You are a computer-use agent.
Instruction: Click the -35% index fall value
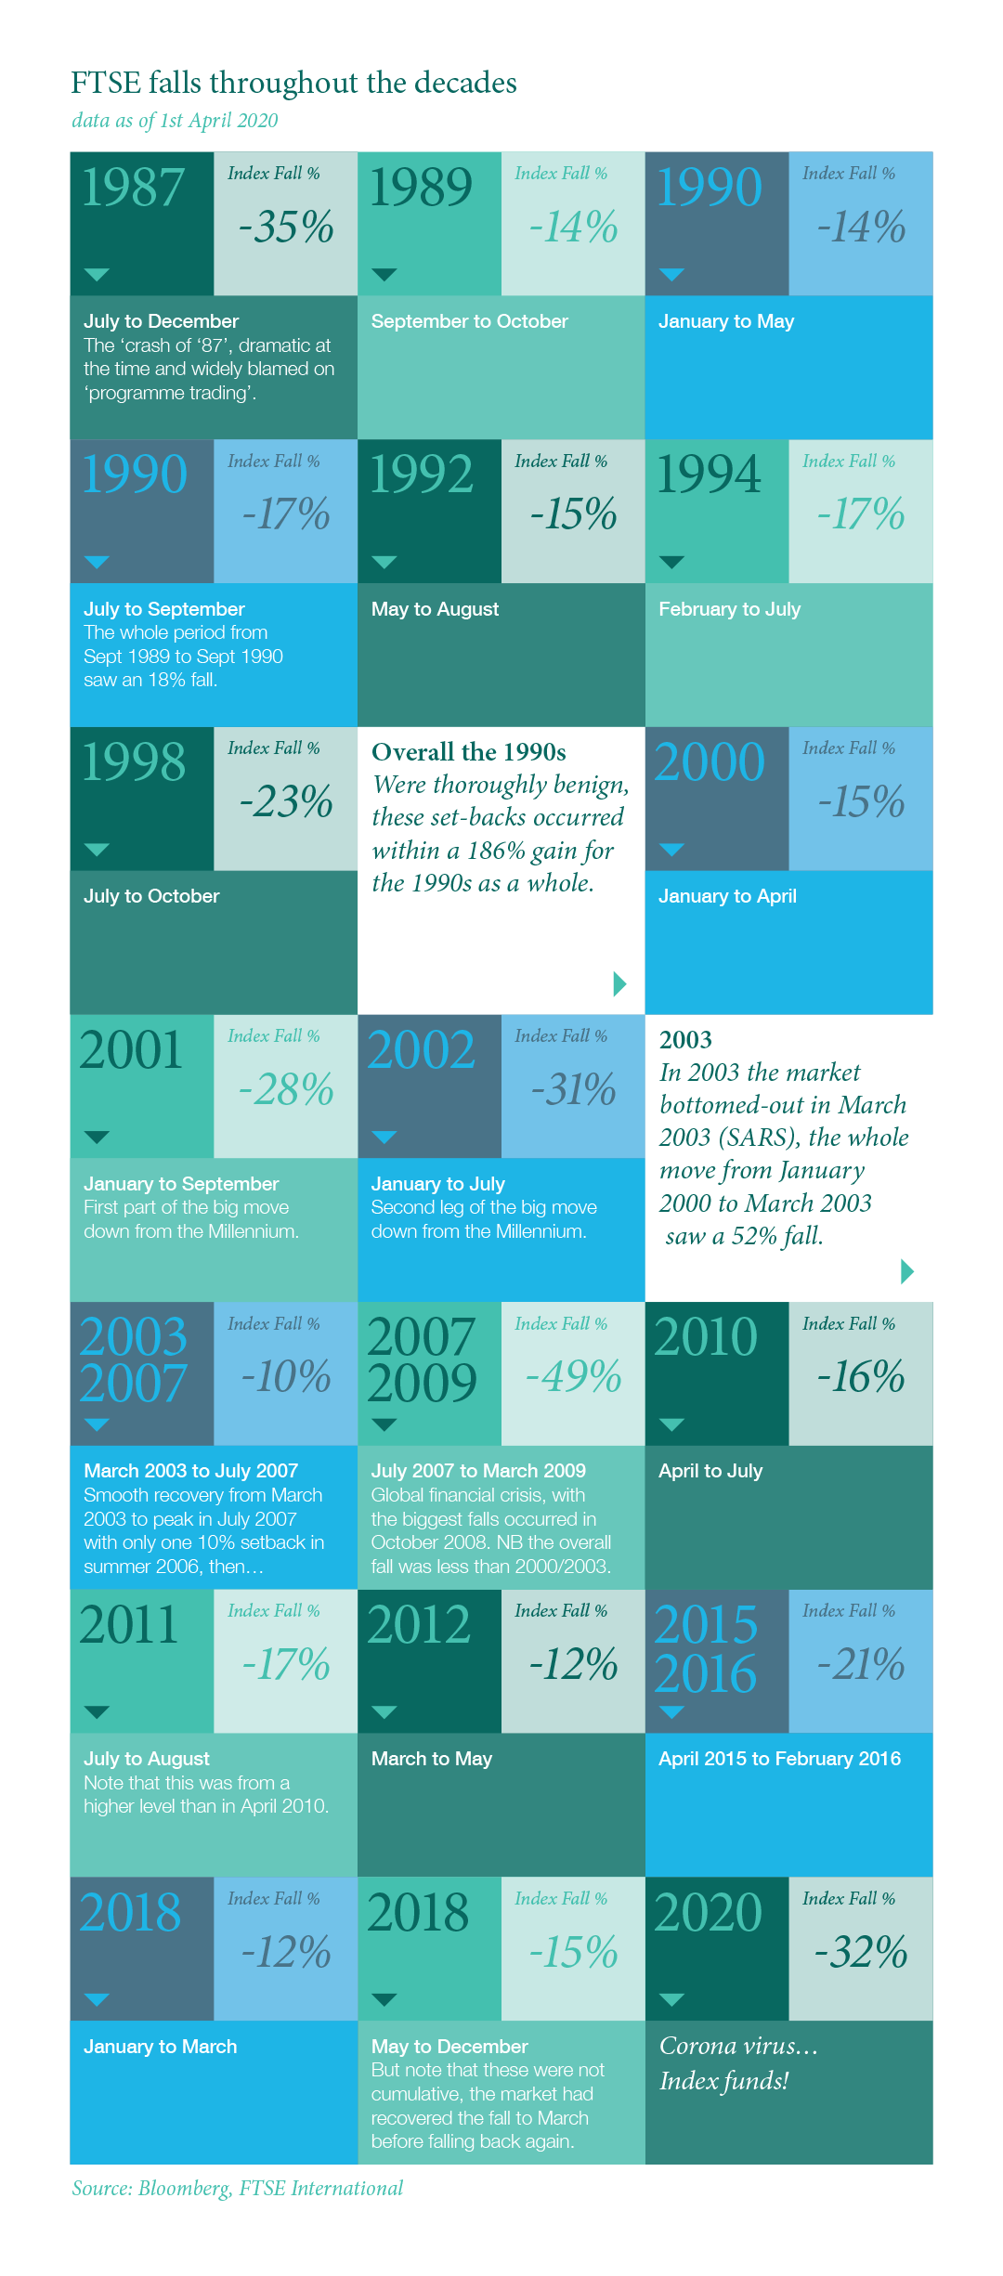tap(286, 228)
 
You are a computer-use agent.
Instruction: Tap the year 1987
tap(133, 189)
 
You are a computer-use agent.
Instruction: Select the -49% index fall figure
tap(573, 1377)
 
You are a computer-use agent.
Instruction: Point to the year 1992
tap(421, 475)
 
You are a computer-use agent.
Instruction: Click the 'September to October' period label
tap(469, 321)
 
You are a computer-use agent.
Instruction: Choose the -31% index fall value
tap(573, 1090)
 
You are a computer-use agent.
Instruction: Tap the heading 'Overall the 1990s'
tap(469, 752)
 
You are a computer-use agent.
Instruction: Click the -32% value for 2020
tap(861, 1952)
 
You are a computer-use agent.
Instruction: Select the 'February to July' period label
tap(729, 609)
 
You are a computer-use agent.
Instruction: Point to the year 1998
tap(134, 763)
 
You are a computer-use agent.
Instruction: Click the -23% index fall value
tap(286, 802)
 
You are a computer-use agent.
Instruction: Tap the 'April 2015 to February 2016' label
tap(779, 1759)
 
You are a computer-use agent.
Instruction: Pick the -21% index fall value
tap(861, 1665)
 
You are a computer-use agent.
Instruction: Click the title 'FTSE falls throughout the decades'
tap(293, 84)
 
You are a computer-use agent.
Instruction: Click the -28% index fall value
tap(286, 1090)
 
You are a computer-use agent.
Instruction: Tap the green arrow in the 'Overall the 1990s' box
tap(620, 984)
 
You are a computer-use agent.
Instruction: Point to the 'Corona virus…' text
tap(738, 2047)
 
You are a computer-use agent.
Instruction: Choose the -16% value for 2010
tap(861, 1377)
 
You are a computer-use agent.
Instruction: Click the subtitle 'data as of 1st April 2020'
tap(175, 121)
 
